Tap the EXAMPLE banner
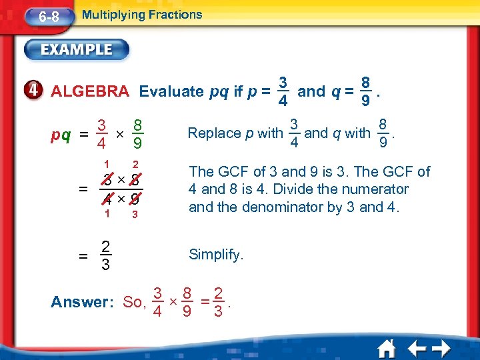click(x=77, y=49)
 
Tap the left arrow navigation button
click(x=417, y=347)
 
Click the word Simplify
click(x=217, y=255)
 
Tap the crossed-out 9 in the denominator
click(x=135, y=198)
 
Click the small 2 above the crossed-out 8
click(x=135, y=165)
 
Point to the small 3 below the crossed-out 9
click(x=135, y=215)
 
